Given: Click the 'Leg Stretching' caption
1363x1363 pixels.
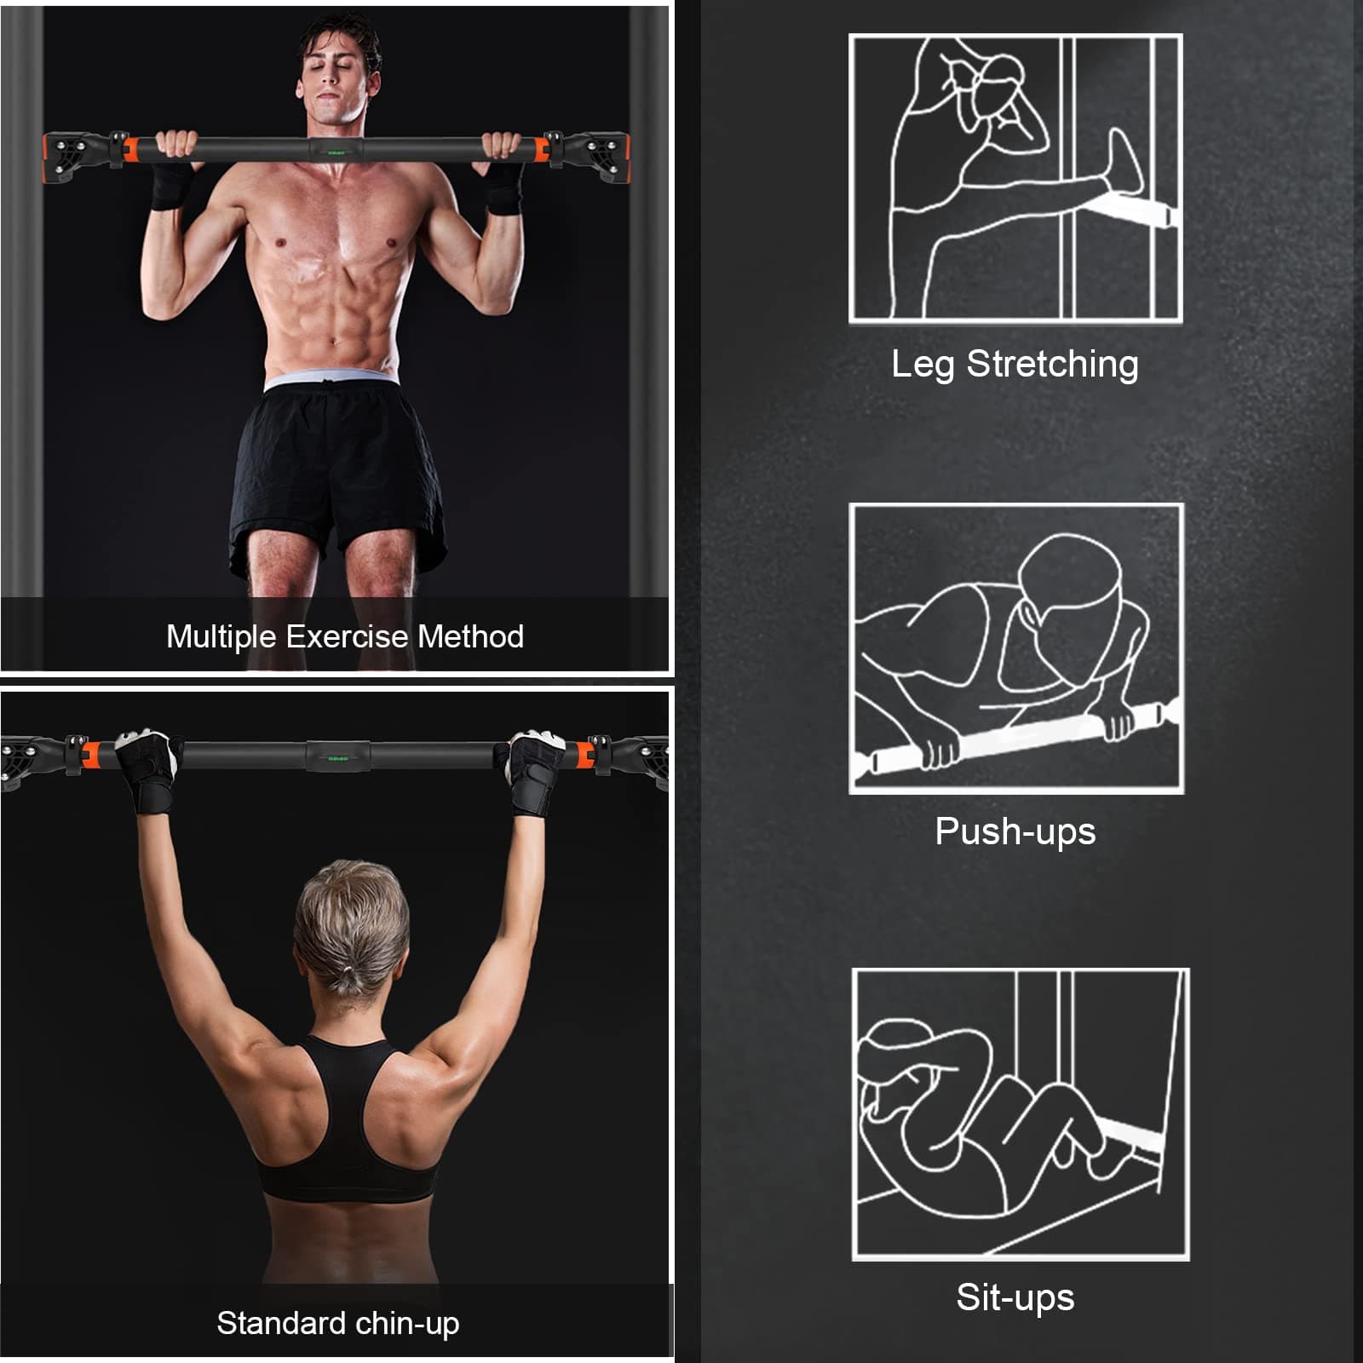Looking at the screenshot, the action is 1015,365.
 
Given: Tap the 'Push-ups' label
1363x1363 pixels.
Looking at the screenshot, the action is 1015,831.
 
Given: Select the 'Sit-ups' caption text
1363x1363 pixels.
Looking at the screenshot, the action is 1015,1297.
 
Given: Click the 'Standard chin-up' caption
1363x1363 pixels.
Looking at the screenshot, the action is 337,1324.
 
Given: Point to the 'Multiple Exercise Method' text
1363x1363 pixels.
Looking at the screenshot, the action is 345,636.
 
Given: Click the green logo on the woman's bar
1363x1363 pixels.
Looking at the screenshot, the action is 338,756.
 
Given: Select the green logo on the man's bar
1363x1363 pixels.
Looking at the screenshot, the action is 336,152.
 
